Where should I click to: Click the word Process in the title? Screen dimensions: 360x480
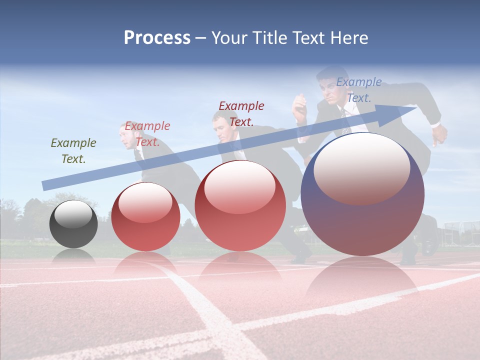point(157,37)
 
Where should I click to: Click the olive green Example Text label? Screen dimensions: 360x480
point(73,150)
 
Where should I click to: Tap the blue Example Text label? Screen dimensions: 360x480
point(359,89)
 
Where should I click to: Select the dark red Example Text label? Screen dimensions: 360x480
point(241,113)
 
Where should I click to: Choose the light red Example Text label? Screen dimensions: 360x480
point(147,133)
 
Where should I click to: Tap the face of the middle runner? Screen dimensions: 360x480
point(221,126)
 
